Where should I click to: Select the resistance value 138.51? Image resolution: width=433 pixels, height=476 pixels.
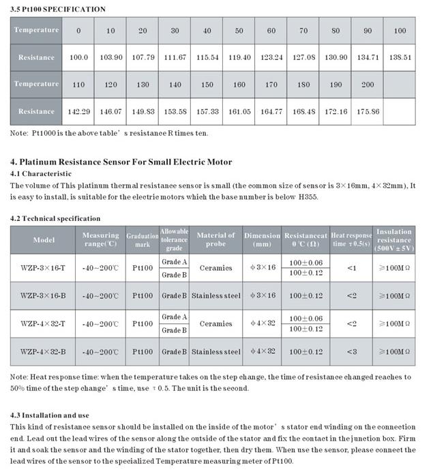pos(400,57)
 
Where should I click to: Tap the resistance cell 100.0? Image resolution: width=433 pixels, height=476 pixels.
pos(79,57)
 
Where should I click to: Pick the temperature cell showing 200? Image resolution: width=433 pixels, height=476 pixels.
pos(368,85)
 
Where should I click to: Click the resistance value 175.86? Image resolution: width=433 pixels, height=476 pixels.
pos(368,111)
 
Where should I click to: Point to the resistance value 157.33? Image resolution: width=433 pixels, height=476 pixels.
pos(207,111)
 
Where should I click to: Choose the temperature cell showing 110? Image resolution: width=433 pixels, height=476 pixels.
pos(79,85)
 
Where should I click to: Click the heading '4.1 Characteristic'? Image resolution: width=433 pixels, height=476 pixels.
pos(42,174)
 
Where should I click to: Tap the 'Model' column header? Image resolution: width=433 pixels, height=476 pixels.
pos(44,240)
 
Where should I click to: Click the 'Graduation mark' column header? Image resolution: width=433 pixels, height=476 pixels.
pos(142,240)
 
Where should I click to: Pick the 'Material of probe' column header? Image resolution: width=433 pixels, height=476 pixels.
pos(215,240)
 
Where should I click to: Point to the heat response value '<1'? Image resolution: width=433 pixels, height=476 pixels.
pos(351,268)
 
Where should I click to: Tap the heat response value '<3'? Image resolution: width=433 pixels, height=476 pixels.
pos(351,351)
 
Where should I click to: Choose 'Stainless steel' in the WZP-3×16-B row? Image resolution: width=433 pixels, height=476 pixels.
pos(215,296)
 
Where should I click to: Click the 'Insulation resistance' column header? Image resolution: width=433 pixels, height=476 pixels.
pos(393,240)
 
